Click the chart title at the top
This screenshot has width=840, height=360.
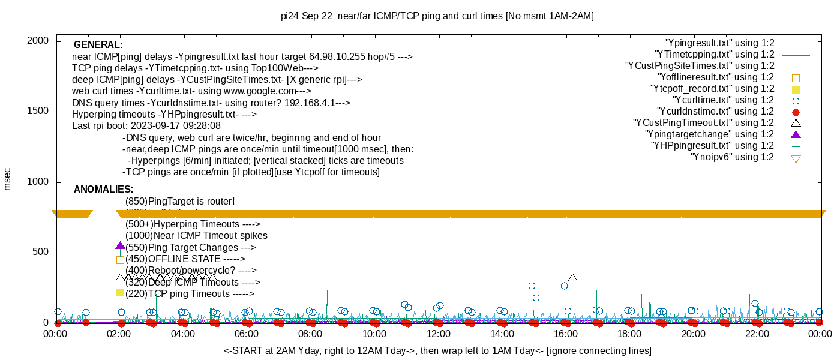pos(437,16)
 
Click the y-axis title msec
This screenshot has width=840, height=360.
pos(8,179)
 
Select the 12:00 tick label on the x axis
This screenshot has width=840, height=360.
pos(438,334)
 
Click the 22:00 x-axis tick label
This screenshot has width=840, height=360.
pos(757,334)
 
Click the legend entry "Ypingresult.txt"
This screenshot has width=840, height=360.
pos(720,43)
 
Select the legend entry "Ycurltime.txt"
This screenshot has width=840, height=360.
pos(724,100)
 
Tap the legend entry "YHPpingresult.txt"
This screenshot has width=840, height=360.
pos(713,146)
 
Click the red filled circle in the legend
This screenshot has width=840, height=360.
pos(796,112)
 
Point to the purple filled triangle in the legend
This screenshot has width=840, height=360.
pos(796,134)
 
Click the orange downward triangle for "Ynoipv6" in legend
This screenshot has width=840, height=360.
pos(796,158)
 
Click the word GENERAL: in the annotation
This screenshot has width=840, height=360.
pos(98,45)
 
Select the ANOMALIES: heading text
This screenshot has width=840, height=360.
pos(103,190)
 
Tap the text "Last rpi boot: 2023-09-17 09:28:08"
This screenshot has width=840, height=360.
pos(146,126)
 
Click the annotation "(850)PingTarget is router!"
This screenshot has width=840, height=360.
pos(180,202)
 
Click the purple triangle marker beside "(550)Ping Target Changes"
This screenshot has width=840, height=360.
pos(120,246)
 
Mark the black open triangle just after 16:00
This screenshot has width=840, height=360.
pos(572,278)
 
